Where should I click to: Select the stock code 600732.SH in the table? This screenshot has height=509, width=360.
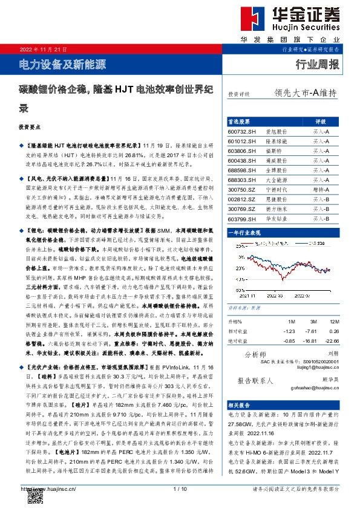coord(242,131)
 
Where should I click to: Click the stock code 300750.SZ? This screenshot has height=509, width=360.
coord(242,189)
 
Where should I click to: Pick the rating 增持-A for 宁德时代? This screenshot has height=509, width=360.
coord(321,189)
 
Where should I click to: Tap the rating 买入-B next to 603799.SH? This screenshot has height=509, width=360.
coord(321,218)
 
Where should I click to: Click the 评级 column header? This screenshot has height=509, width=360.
coord(321,121)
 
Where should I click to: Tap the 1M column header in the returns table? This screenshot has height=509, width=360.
coord(291,321)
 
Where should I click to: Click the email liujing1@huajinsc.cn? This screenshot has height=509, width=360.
coord(318,367)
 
